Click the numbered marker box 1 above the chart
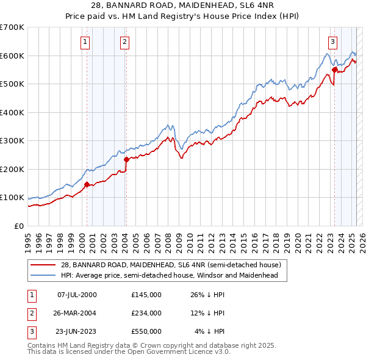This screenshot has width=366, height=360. pyautogui.click(x=84, y=42)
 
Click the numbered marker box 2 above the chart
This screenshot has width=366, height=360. pyautogui.click(x=124, y=42)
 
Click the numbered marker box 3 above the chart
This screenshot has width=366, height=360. pyautogui.click(x=332, y=42)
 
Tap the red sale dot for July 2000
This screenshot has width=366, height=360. pyautogui.click(x=87, y=184)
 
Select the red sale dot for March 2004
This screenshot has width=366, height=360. pyautogui.click(x=126, y=159)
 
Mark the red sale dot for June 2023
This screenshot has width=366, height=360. pyautogui.click(x=335, y=70)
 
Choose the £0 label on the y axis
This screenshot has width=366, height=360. pyautogui.click(x=18, y=226)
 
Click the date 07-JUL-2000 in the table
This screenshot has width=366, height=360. pyautogui.click(x=77, y=295)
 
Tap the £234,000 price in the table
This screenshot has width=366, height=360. pyautogui.click(x=146, y=313)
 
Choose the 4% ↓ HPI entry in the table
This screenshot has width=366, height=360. pyautogui.click(x=210, y=331)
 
